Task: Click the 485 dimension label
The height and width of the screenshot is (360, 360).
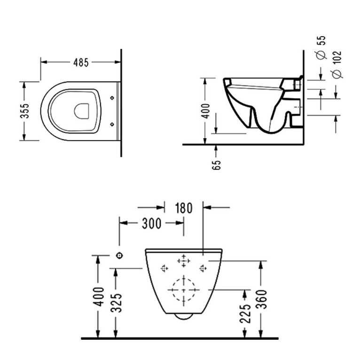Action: coord(81,63)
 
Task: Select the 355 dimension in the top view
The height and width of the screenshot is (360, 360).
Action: coord(25,111)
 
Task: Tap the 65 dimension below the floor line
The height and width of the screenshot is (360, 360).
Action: coord(216,164)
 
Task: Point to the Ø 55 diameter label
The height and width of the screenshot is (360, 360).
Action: coord(321,47)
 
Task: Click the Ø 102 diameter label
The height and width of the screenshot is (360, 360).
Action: coord(337,64)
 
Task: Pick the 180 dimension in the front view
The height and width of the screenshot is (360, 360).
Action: coord(184,208)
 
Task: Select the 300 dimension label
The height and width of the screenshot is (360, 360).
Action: coord(151,223)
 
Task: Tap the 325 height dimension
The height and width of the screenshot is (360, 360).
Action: coord(117,302)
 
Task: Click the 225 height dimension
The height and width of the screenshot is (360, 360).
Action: coord(245,313)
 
